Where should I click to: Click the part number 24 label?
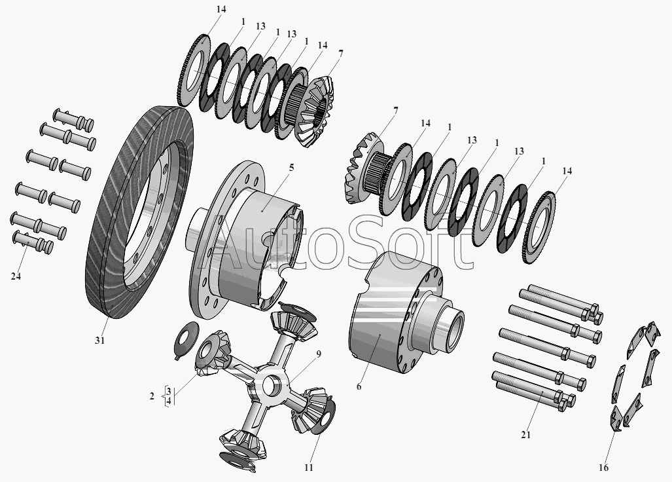16,276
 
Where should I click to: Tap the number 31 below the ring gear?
99,341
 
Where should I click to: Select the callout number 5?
291,167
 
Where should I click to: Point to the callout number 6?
359,386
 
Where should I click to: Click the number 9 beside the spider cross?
319,354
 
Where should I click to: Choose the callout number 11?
309,468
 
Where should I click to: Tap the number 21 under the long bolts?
526,435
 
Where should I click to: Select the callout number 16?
603,468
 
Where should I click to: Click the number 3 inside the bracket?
169,391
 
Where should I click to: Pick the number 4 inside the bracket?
169,401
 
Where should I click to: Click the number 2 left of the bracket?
152,396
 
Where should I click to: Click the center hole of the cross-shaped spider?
270,384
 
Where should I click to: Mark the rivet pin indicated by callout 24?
33,242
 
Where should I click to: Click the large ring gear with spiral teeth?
139,213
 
